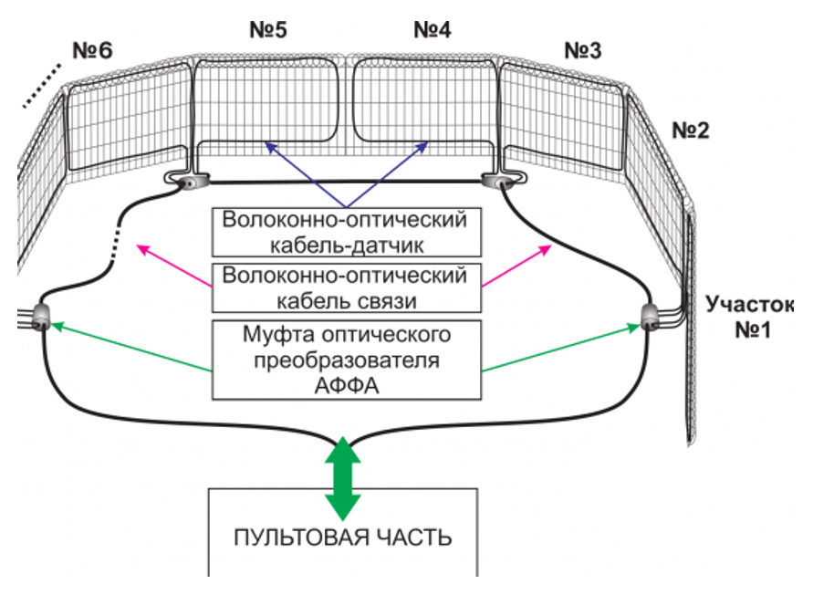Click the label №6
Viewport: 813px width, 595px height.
(92, 51)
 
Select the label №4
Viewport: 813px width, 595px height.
(433, 29)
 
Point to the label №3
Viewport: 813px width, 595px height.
(582, 51)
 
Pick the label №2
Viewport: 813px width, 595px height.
(691, 130)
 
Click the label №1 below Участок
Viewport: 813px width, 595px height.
(754, 329)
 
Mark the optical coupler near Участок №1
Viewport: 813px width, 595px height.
(650, 317)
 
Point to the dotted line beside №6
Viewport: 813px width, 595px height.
(42, 86)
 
